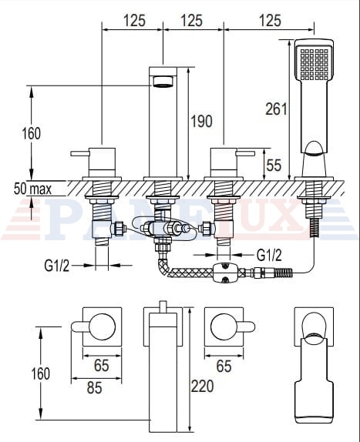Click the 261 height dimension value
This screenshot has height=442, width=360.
pyautogui.click(x=276, y=109)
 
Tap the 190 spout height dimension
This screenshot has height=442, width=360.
pyautogui.click(x=201, y=121)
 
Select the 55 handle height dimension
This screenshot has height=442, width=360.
pyautogui.click(x=274, y=166)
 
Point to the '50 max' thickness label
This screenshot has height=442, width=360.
pyautogui.click(x=32, y=189)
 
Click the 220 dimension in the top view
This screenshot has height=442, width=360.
pyautogui.click(x=202, y=387)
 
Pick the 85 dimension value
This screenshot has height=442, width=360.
pyautogui.click(x=95, y=388)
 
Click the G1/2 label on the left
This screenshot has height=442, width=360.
pyautogui.click(x=56, y=265)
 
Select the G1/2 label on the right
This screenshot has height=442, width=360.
pyautogui.click(x=269, y=255)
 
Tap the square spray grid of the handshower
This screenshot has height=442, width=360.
pyautogui.click(x=315, y=64)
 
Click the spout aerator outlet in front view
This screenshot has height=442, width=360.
pyautogui.click(x=163, y=82)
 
